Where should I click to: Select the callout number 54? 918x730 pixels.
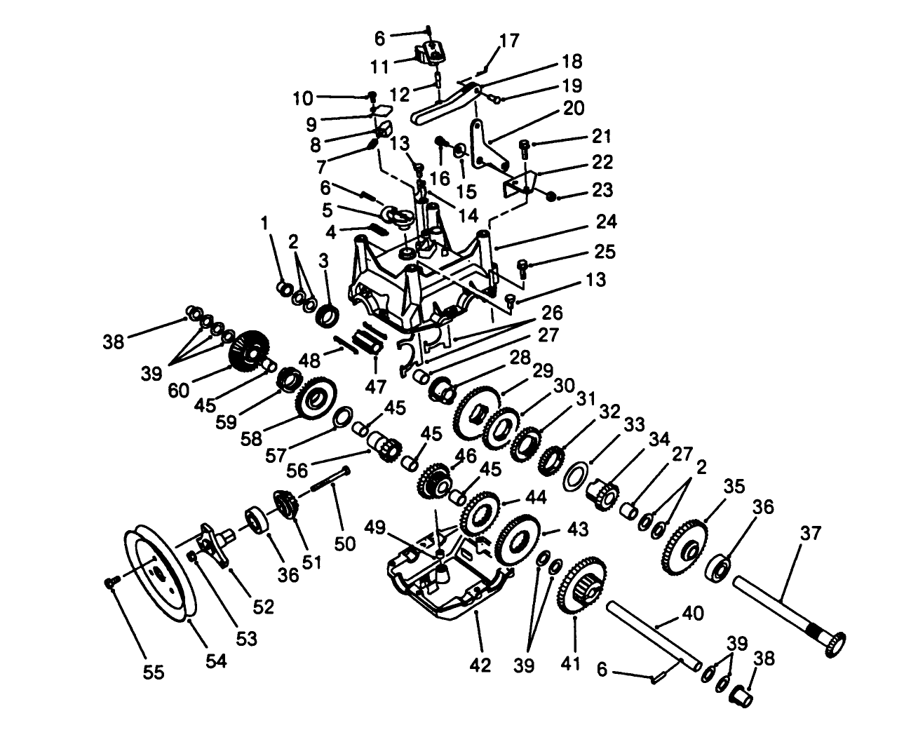[x=215, y=661]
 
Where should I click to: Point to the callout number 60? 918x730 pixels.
[x=179, y=390]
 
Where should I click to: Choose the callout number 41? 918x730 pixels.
[x=570, y=662]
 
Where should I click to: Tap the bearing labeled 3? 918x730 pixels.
[x=327, y=315]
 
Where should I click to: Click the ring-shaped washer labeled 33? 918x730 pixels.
[x=574, y=474]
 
